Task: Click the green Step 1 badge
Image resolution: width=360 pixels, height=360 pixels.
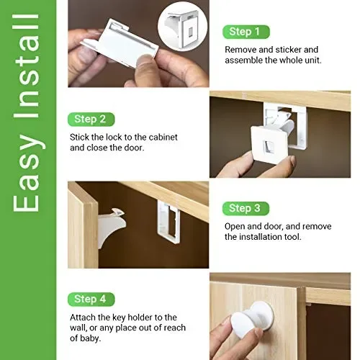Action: pos(246,32)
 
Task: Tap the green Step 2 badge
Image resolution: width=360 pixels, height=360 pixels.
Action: pos(91,120)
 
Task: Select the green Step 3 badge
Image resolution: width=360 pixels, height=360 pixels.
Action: pos(246,208)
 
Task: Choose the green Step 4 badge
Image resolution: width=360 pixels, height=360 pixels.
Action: pos(91,300)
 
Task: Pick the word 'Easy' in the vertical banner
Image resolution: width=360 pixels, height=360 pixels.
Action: pos(26,176)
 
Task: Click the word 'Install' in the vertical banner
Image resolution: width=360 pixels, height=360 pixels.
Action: pos(26,66)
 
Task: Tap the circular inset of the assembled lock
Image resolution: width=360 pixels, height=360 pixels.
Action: pos(182,27)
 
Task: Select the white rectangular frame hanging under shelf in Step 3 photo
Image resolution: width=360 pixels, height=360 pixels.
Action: pos(168,222)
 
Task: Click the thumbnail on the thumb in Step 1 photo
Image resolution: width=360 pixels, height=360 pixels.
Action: pos(144,60)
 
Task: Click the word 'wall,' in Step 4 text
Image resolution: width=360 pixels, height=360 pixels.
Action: pos(78,328)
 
